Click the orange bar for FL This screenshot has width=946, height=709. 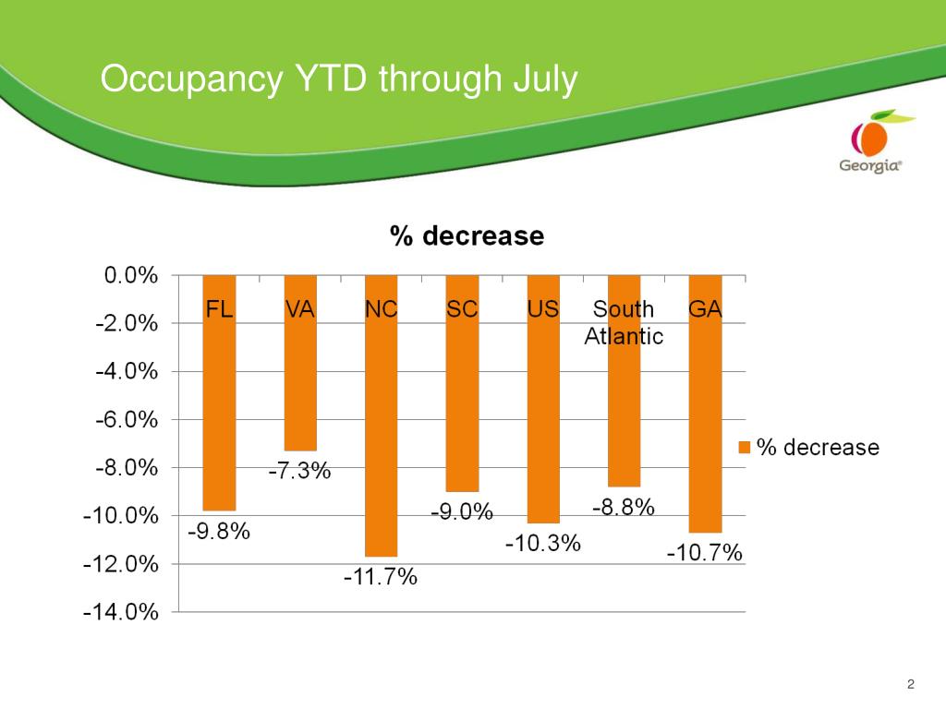coord(219,415)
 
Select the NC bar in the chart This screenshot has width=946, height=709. coord(381,434)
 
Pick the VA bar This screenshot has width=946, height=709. coord(300,388)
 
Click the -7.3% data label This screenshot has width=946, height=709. coord(299,472)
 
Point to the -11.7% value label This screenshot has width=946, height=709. coord(381,578)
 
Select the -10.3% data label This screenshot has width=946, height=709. coord(543,543)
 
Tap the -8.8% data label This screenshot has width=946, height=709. coord(624,507)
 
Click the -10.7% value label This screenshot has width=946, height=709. coord(705,553)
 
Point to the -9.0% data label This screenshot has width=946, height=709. coord(462,511)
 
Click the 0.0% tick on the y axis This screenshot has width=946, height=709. coord(129,275)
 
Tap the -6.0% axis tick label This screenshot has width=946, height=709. coord(126,419)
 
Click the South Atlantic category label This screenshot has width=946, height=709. coord(624,322)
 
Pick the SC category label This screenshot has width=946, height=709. coord(462,309)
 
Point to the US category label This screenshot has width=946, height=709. coord(543,309)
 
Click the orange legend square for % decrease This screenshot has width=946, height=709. coord(745,448)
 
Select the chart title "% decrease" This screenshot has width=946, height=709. coord(467,236)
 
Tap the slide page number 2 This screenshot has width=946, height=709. coord(911,684)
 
